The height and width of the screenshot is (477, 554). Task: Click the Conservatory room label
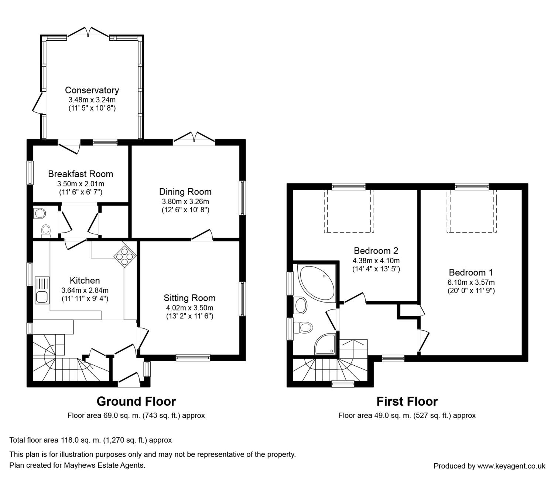[x=92, y=90]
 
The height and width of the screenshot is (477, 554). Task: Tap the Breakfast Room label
[x=81, y=174]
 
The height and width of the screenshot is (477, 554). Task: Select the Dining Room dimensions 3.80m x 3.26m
[x=185, y=201]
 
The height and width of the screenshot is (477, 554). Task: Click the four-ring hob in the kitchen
[x=125, y=257]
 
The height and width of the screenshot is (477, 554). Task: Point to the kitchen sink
[x=42, y=290]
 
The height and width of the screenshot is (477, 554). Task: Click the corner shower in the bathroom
[x=325, y=344]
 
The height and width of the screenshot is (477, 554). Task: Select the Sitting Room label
[x=189, y=298]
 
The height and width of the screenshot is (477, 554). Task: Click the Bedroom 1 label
[x=471, y=272]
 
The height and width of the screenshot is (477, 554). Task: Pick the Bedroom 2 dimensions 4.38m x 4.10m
[x=376, y=260]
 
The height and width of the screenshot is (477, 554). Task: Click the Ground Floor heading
[x=136, y=401]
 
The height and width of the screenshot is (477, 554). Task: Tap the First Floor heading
[x=407, y=401]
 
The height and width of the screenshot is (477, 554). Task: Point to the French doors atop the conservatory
[x=88, y=33]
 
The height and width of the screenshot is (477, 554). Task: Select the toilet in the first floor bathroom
[x=303, y=327]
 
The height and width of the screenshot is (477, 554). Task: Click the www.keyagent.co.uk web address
[x=512, y=466]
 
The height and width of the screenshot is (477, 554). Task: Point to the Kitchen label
[x=85, y=280]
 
